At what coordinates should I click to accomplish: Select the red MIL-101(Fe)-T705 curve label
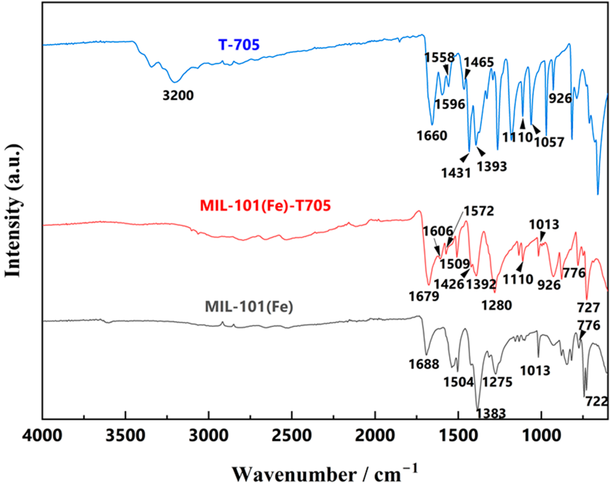pyautogui.click(x=265, y=205)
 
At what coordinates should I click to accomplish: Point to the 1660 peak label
pyautogui.click(x=432, y=136)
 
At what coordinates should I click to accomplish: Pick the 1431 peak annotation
pyautogui.click(x=456, y=173)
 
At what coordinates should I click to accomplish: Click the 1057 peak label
pyautogui.click(x=549, y=142)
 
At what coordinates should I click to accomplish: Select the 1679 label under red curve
pyautogui.click(x=424, y=297)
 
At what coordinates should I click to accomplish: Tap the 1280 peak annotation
pyautogui.click(x=497, y=305)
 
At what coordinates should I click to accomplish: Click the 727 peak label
pyautogui.click(x=589, y=308)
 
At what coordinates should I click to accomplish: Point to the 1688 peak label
pyautogui.click(x=424, y=364)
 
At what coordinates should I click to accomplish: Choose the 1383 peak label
pyautogui.click(x=491, y=413)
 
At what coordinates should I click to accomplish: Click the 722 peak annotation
pyautogui.click(x=596, y=401)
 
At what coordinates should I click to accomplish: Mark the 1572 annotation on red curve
pyautogui.click(x=479, y=211)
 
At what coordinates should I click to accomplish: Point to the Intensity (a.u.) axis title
pyautogui.click(x=13, y=211)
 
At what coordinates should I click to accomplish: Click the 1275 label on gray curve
pyautogui.click(x=497, y=382)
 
